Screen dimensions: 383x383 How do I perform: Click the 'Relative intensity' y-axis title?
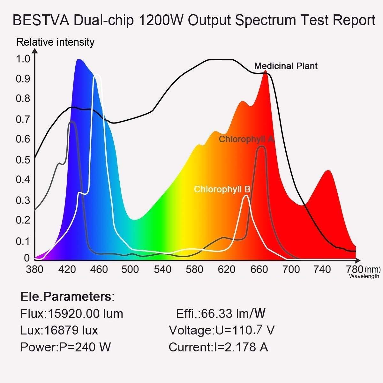tap(55, 42)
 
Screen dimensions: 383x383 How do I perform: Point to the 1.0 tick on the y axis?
tap(23, 59)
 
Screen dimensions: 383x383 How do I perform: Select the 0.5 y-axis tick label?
tap(23, 160)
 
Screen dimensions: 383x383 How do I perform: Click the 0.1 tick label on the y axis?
tap(23, 241)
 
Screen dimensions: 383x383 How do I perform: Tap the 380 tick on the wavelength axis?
tap(34, 269)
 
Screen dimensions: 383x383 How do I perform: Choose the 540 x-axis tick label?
tap(162, 269)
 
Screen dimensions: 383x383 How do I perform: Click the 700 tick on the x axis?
tap(291, 269)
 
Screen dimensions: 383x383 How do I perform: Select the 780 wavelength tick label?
tap(354, 269)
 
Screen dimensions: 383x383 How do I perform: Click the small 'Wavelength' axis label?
tap(364, 276)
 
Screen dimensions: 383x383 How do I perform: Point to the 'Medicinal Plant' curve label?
tap(286, 66)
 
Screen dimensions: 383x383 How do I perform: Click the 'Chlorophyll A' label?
tap(246, 139)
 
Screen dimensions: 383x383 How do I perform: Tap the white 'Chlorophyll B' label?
tap(222, 189)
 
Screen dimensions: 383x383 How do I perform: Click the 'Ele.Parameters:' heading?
tap(67, 297)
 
